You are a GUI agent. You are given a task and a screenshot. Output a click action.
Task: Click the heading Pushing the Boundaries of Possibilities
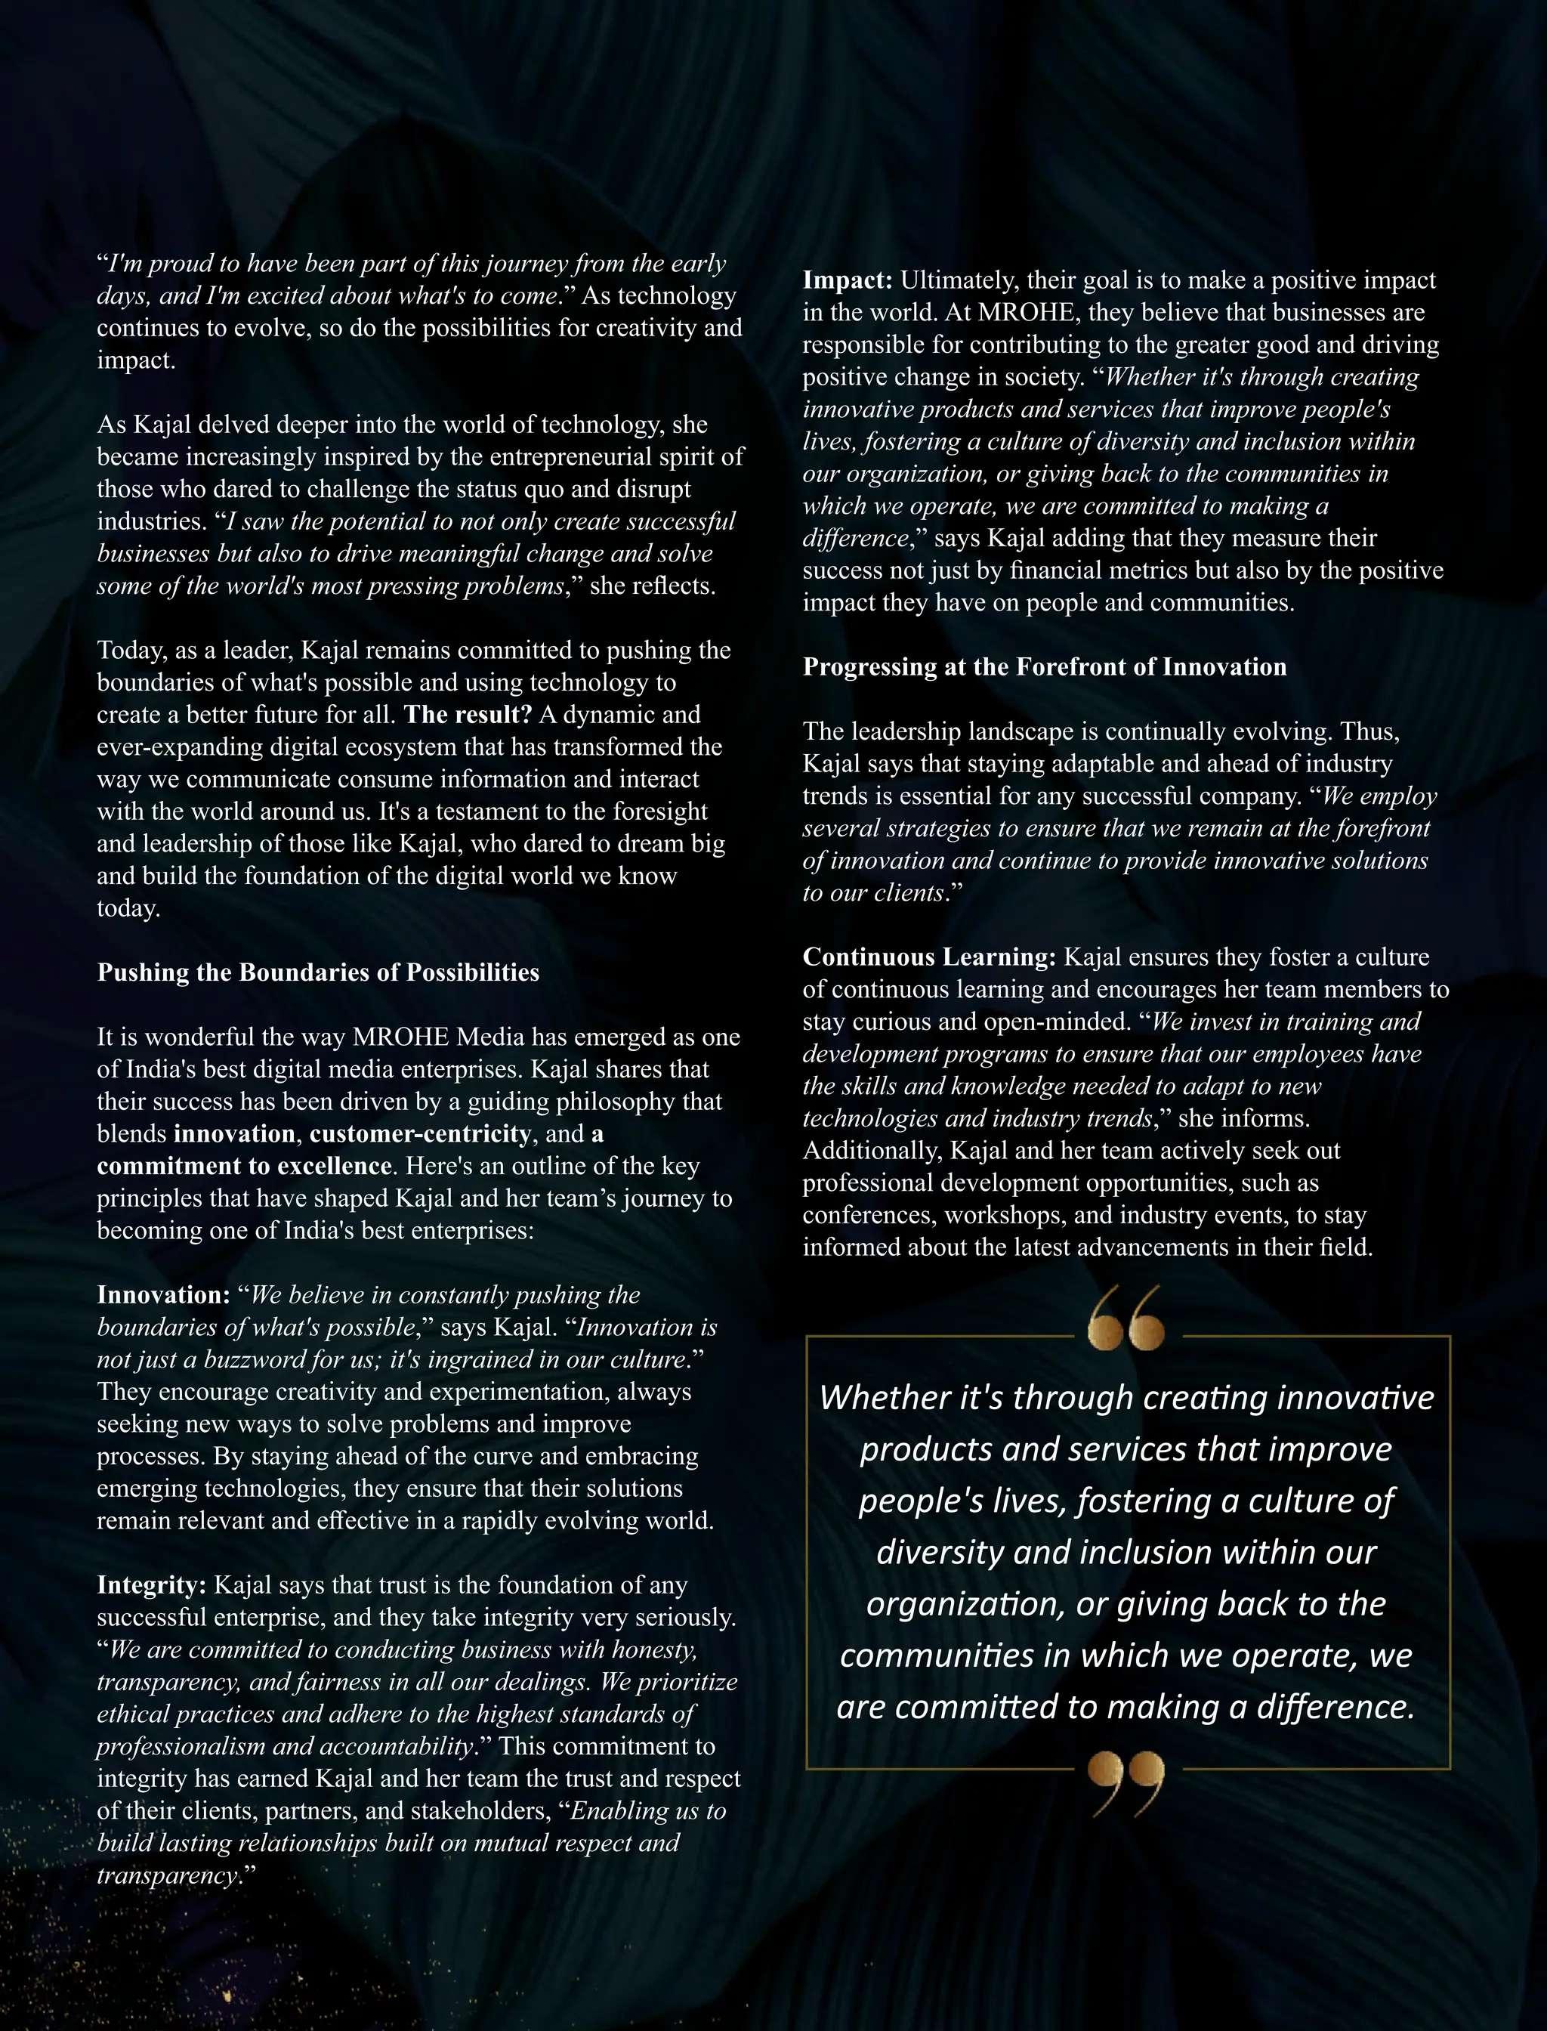pyautogui.click(x=318, y=972)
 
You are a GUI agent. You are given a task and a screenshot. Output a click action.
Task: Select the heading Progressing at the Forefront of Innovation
pyautogui.click(x=1044, y=667)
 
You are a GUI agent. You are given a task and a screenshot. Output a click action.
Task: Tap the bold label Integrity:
pyautogui.click(x=152, y=1585)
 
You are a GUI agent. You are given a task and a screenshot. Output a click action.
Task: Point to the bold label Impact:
pyautogui.click(x=848, y=280)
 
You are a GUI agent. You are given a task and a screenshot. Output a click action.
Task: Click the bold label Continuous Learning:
pyautogui.click(x=929, y=957)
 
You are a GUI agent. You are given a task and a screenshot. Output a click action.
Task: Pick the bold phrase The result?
pyautogui.click(x=468, y=715)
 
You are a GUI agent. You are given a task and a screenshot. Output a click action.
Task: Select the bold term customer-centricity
pyautogui.click(x=420, y=1134)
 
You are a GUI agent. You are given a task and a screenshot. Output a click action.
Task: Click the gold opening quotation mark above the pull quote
pyautogui.click(x=1126, y=1319)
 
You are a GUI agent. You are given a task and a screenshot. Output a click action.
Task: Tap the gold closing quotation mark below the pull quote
pyautogui.click(x=1126, y=1783)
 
